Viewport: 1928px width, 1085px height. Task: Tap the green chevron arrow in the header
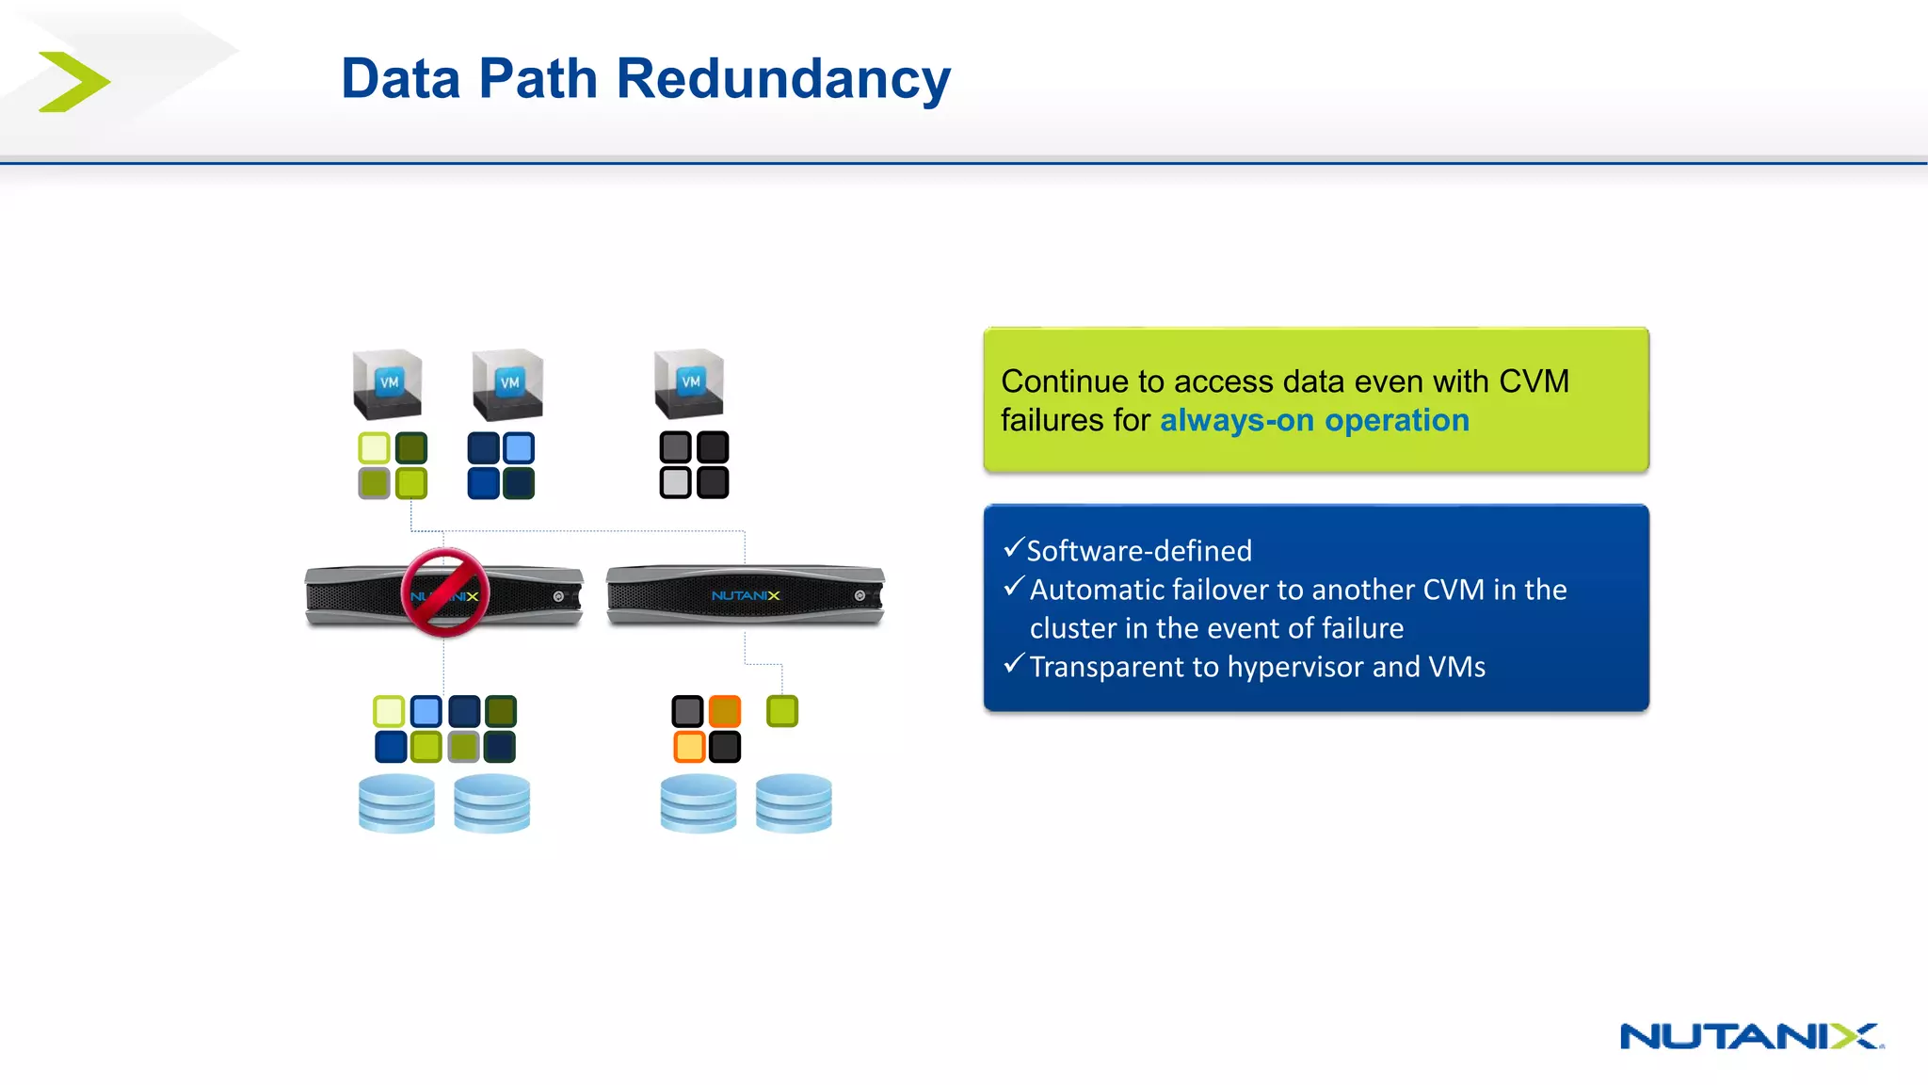pyautogui.click(x=74, y=82)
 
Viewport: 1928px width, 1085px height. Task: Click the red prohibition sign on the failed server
pyautogui.click(x=444, y=592)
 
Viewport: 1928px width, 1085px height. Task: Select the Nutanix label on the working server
pyautogui.click(x=745, y=595)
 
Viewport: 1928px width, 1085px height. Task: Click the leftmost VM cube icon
pyautogui.click(x=388, y=384)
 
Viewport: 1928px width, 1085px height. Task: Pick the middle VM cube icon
pyautogui.click(x=508, y=385)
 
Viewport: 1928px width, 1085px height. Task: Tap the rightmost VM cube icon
pyautogui.click(x=690, y=383)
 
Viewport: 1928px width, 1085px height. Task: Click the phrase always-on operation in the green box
pyautogui.click(x=1313, y=420)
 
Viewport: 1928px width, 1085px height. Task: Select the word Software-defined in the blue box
pyautogui.click(x=1139, y=551)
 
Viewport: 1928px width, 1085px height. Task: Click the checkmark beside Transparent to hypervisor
pyautogui.click(x=1013, y=665)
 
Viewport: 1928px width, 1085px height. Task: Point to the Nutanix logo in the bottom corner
pyautogui.click(x=1750, y=1036)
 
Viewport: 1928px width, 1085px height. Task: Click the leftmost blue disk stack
pyautogui.click(x=396, y=803)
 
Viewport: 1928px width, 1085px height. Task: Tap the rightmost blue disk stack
pyautogui.click(x=794, y=803)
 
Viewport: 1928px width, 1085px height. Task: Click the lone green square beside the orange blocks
pyautogui.click(x=781, y=711)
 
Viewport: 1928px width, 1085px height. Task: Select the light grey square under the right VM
pyautogui.click(x=675, y=483)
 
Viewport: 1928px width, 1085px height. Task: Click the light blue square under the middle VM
pyautogui.click(x=519, y=448)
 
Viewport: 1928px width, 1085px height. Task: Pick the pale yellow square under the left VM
pyautogui.click(x=374, y=448)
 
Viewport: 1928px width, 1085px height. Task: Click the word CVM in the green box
pyautogui.click(x=1534, y=381)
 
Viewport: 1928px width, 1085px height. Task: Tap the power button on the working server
pyautogui.click(x=860, y=595)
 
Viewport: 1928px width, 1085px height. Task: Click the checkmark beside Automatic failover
pyautogui.click(x=1013, y=588)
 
